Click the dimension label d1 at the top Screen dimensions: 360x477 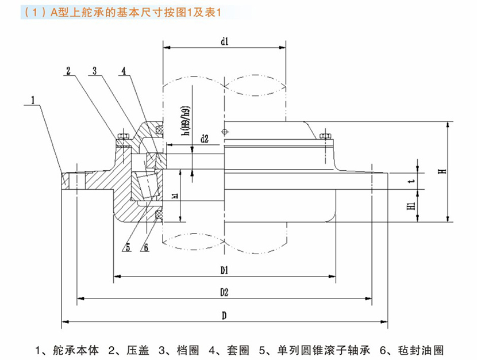[x=224, y=41]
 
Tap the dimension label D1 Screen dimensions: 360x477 [x=224, y=270]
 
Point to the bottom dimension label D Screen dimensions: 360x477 [x=224, y=315]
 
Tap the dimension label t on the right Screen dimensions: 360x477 [x=410, y=182]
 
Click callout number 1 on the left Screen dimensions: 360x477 [x=34, y=100]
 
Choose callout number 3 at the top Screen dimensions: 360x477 [x=95, y=71]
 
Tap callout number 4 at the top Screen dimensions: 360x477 [x=123, y=71]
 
